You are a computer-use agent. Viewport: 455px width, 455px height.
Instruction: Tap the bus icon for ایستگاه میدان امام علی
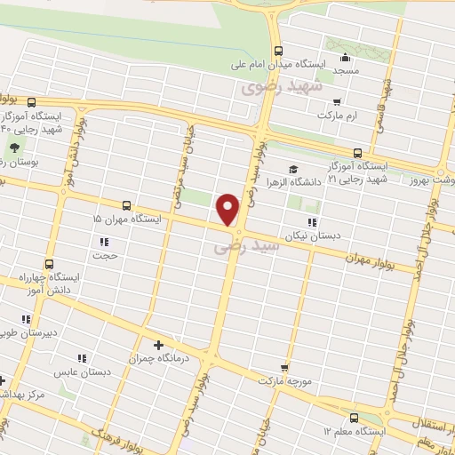[279, 51]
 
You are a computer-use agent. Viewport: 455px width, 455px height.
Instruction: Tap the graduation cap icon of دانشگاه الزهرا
[293, 169]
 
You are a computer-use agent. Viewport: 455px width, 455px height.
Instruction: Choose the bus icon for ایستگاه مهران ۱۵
[126, 204]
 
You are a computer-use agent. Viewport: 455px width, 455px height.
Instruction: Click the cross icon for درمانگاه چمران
[158, 345]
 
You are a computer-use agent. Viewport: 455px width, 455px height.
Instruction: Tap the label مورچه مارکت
[283, 380]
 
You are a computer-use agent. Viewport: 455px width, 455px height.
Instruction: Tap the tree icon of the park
[14, 147]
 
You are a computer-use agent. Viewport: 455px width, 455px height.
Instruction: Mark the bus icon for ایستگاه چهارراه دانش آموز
[48, 264]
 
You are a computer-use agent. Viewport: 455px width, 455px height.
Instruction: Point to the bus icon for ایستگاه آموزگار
[357, 153]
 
